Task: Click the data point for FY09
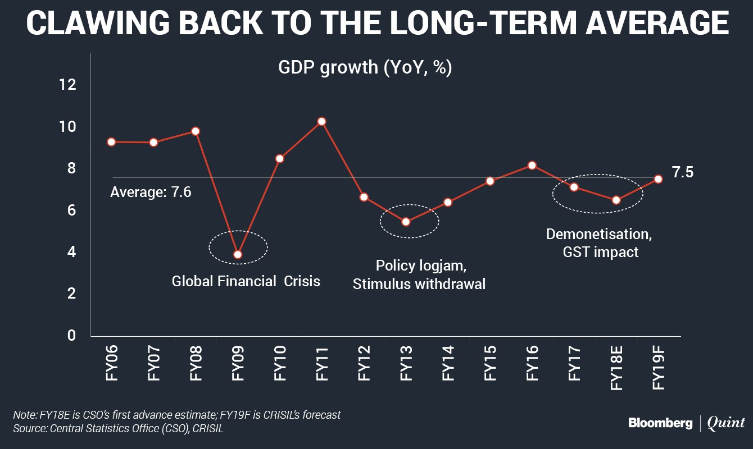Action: click(x=238, y=254)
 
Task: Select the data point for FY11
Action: click(x=321, y=121)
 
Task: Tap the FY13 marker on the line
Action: click(x=406, y=222)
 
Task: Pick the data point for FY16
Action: click(x=532, y=165)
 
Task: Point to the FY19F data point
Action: click(x=658, y=178)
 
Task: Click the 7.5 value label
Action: click(x=682, y=172)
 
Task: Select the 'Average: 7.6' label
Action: click(x=151, y=192)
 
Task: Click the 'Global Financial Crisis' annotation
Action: click(x=246, y=281)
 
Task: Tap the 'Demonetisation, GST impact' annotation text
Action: click(x=600, y=242)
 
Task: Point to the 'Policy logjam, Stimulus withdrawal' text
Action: click(x=419, y=274)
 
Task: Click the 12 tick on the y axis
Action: click(x=67, y=85)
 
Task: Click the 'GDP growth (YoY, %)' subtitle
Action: click(x=365, y=67)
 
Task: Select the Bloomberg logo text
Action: click(x=660, y=424)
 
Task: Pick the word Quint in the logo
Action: click(x=726, y=423)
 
